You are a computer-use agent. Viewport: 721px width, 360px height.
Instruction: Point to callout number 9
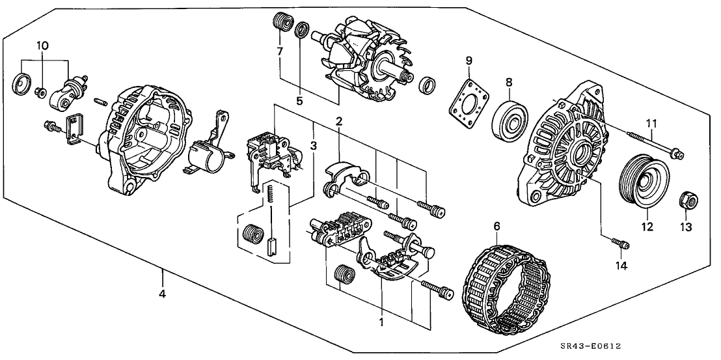[x=469, y=61]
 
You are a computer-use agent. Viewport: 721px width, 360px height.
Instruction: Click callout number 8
[x=510, y=83]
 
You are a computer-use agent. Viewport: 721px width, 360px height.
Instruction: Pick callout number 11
[x=652, y=123]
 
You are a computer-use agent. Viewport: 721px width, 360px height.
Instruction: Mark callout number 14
[x=620, y=267]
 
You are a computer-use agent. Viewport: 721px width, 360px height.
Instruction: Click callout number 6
[x=497, y=227]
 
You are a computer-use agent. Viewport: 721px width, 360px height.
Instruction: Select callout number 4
[x=162, y=294]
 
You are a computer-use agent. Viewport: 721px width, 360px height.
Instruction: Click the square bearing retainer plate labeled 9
[x=469, y=105]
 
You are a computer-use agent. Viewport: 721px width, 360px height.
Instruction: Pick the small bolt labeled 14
[x=620, y=244]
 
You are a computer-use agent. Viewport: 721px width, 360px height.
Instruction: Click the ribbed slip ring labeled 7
[x=281, y=21]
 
